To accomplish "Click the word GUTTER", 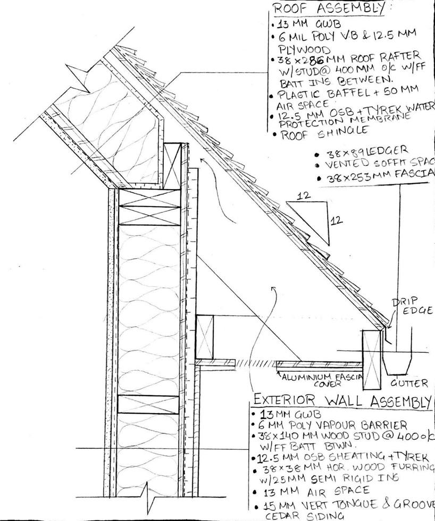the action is click(409, 383).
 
